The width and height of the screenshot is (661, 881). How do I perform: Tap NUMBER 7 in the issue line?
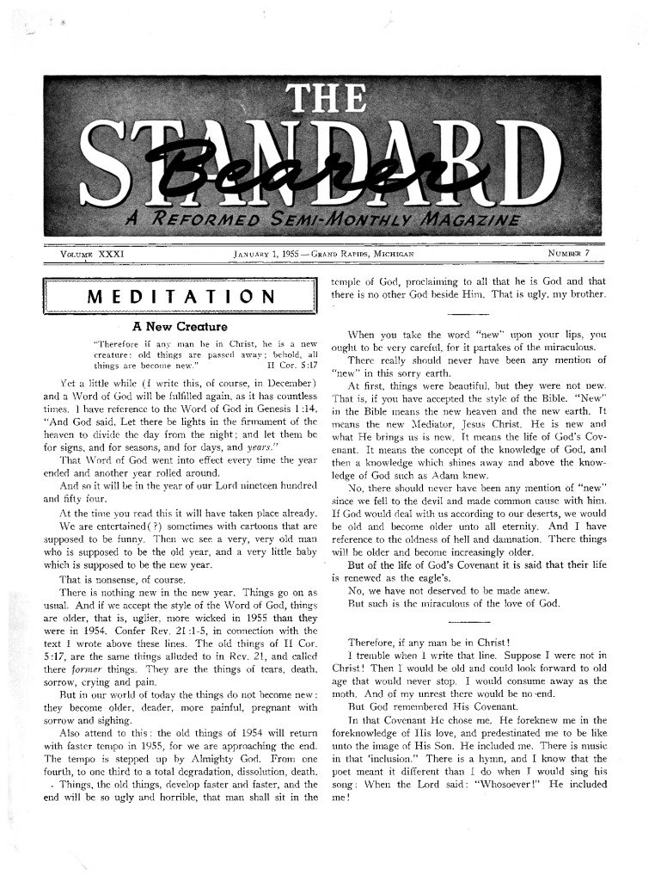572,255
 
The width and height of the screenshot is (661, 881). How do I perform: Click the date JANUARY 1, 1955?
275,255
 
